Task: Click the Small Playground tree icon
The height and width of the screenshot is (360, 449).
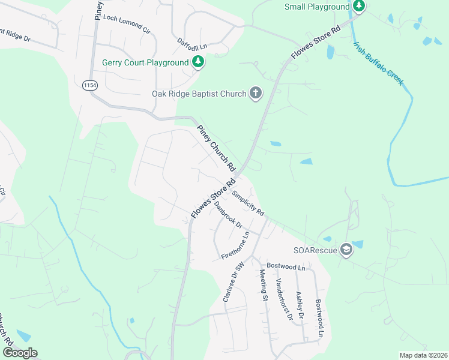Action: (358, 7)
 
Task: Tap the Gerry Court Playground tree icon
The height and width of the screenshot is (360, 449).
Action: (197, 62)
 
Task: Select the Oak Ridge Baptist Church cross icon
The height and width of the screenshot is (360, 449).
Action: (256, 94)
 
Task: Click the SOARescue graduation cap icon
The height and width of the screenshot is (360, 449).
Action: (346, 250)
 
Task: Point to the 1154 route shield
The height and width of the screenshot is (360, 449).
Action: (90, 86)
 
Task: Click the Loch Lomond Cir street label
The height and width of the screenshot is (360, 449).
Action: (127, 23)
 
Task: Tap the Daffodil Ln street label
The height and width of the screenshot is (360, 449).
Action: (192, 43)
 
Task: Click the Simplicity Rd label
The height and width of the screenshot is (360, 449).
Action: (249, 203)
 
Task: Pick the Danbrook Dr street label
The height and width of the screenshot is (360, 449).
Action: (228, 214)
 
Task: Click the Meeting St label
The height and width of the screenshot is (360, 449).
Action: (264, 285)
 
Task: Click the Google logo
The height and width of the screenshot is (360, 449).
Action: (19, 353)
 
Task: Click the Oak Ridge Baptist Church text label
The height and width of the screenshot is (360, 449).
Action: (199, 94)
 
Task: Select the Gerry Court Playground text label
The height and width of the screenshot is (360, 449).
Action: (145, 62)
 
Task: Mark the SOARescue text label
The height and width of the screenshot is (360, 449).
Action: (315, 250)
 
